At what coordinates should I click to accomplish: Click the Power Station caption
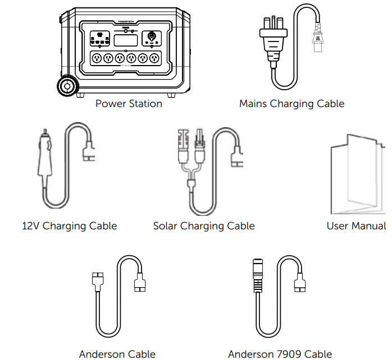[129, 104]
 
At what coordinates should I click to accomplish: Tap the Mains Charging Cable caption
[291, 104]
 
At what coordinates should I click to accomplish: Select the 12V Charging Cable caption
[70, 226]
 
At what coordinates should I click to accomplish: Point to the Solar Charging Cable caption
[204, 226]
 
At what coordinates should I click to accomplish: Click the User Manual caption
[356, 226]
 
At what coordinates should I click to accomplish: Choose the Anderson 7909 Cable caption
[280, 354]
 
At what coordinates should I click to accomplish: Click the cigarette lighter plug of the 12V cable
[44, 157]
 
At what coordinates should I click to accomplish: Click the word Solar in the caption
[166, 226]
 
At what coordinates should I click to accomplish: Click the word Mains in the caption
[253, 104]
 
